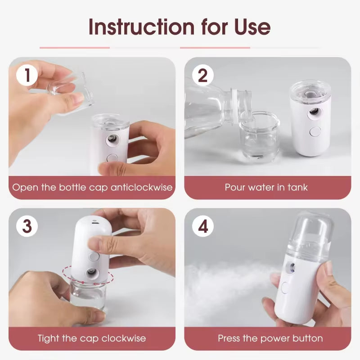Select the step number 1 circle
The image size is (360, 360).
(27, 75)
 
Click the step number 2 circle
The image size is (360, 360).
(203, 75)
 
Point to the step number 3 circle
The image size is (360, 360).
(27, 226)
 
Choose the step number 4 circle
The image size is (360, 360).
(203, 226)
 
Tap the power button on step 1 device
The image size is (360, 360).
(112, 158)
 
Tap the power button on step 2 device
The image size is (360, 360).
(315, 131)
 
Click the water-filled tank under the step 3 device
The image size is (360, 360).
(88, 295)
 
